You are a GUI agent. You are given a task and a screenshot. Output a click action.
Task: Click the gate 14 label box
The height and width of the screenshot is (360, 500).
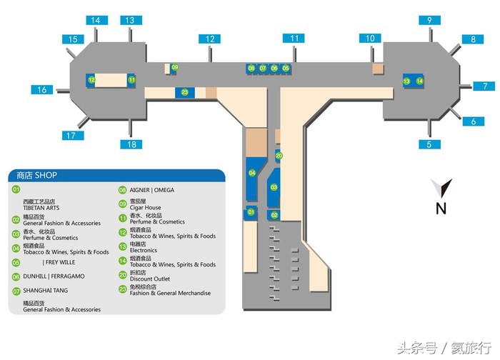tap(95, 20)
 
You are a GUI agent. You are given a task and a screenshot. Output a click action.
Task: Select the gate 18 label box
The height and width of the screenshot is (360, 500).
tap(130, 144)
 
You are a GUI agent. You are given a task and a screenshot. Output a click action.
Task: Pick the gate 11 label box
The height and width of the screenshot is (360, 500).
tap(294, 38)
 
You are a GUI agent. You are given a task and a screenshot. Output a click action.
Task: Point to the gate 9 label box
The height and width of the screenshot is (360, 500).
tap(429, 20)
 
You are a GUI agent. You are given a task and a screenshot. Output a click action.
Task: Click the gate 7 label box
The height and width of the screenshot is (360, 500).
tap(484, 86)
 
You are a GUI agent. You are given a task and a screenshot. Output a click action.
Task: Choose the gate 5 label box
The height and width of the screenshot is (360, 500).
tap(429, 144)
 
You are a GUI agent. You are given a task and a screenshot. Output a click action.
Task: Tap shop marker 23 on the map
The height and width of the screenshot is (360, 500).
tap(185, 92)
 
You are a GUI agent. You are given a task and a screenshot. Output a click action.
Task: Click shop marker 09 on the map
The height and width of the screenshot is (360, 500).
tap(175, 67)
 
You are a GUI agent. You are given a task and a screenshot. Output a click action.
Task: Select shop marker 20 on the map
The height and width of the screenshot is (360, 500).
tap(279, 155)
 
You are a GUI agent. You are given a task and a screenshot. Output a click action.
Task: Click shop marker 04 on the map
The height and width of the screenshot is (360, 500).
tap(251, 174)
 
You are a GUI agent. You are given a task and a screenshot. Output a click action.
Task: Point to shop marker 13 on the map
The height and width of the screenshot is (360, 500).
tap(406, 81)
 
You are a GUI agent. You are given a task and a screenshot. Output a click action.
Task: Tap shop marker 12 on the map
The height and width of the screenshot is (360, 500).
tap(91, 81)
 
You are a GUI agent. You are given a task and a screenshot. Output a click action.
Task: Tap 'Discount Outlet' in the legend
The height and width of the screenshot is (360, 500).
tap(149, 279)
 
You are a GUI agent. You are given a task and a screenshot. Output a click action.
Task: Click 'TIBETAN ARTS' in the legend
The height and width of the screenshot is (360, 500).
tap(41, 208)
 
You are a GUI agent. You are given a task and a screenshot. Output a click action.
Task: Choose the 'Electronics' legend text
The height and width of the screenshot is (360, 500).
tap(143, 251)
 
